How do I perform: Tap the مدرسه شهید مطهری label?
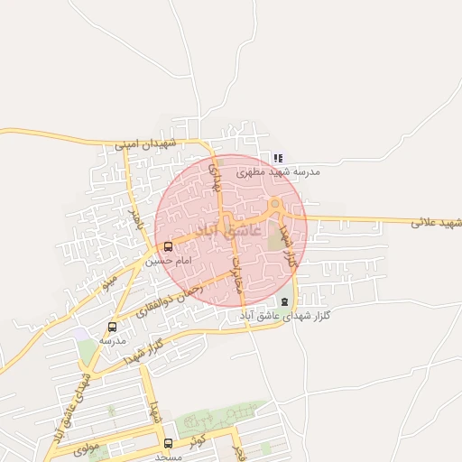pyautogui.click(x=278, y=170)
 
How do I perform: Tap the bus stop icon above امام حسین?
pyautogui.click(x=169, y=246)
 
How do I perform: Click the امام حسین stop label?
pyautogui.click(x=169, y=260)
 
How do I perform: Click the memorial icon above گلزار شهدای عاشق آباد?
pyautogui.click(x=285, y=301)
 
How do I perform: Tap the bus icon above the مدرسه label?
pyautogui.click(x=112, y=328)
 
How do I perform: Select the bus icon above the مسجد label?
pyautogui.click(x=169, y=443)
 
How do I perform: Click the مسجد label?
pyautogui.click(x=169, y=456)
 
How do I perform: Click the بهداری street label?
pyautogui.click(x=215, y=176)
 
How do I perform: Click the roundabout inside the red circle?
pyautogui.click(x=274, y=203)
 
